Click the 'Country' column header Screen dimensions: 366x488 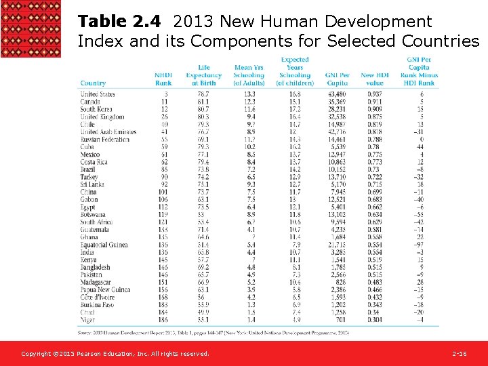pyautogui.click(x=93, y=83)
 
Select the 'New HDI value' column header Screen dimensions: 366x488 pyautogui.click(x=375, y=79)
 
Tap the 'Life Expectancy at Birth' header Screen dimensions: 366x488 pyautogui.click(x=203, y=75)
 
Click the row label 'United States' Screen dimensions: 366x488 pyautogui.click(x=98, y=94)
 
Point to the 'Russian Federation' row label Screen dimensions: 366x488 pyautogui.click(x=104, y=139)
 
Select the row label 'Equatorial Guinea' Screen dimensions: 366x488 pyautogui.click(x=104, y=245)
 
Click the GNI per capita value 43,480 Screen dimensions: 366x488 pyautogui.click(x=336, y=94)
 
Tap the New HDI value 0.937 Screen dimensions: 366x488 pyautogui.click(x=374, y=94)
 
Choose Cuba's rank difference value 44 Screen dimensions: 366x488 pyautogui.click(x=420, y=146)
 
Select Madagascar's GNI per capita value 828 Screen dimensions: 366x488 pyautogui.click(x=340, y=282)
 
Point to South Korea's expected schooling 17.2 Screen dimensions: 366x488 pyautogui.click(x=295, y=108)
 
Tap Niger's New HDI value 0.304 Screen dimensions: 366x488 pyautogui.click(x=374, y=319)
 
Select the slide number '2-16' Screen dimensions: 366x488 pyautogui.click(x=459, y=354)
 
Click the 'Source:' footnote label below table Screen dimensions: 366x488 pyautogui.click(x=87, y=332)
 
